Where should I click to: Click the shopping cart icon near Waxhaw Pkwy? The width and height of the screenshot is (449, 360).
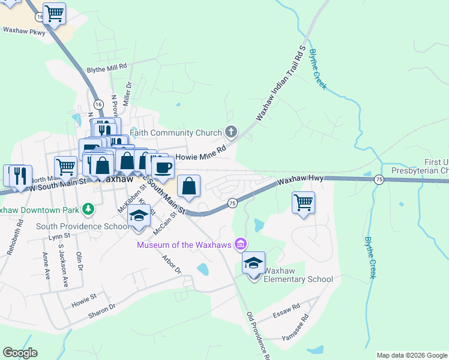[55, 14]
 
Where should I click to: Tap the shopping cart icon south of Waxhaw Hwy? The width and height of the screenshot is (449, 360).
[304, 203]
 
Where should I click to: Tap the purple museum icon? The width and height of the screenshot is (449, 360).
[241, 244]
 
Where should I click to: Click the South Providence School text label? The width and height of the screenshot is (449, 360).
[81, 226]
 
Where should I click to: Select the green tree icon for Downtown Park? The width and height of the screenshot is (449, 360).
[89, 209]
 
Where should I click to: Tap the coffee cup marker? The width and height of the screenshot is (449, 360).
[163, 167]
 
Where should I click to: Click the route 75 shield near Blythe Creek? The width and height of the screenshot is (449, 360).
[379, 179]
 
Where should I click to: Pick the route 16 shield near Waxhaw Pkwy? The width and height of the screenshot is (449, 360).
[40, 17]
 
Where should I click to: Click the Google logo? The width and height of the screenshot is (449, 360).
[20, 353]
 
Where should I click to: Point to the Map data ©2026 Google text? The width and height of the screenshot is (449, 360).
[412, 355]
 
